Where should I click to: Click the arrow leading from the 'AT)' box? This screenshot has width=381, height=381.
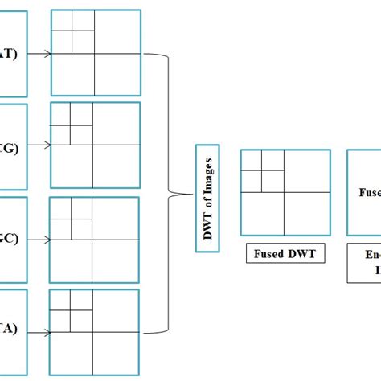39,54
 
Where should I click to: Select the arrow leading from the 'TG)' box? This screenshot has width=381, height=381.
39,146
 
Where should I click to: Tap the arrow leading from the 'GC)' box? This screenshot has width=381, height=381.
39,239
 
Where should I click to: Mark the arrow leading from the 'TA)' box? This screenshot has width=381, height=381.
39,331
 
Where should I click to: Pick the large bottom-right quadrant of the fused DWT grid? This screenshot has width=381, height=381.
306,213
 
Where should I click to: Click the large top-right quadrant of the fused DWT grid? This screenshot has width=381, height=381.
306,171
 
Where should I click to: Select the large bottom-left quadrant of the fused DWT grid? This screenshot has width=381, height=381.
263,213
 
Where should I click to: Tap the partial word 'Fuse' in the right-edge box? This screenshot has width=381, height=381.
369,192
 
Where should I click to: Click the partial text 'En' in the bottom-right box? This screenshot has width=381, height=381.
369,256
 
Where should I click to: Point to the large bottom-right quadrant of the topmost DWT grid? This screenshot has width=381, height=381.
117,74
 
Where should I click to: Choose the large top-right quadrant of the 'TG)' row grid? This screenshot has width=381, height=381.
117,124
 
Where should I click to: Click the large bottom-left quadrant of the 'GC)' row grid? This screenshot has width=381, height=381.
71,260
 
